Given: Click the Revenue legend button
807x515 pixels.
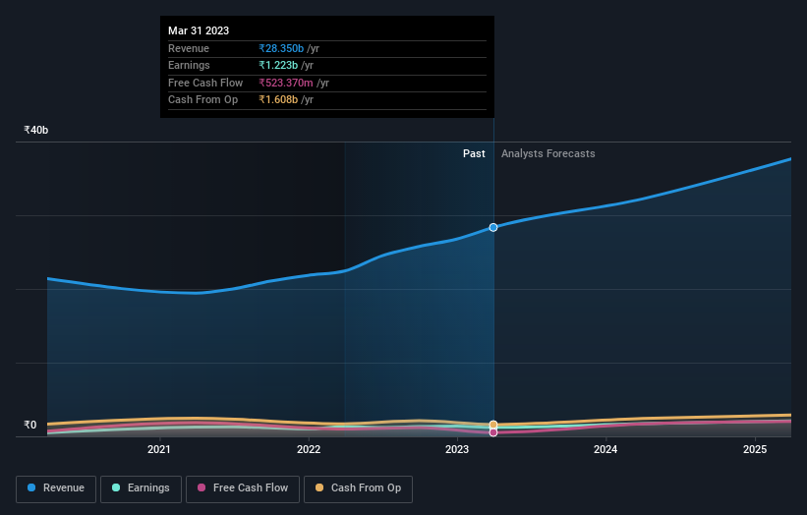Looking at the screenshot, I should click(56, 488).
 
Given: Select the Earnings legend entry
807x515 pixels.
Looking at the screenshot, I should click(141, 488).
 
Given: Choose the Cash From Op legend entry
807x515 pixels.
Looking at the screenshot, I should click(359, 488).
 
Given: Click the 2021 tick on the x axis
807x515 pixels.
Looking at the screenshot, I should click(159, 450).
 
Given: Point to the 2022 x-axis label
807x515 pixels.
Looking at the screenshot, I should click(309, 450).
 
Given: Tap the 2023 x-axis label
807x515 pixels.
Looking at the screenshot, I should click(457, 450).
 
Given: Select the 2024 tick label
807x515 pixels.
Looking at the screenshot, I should click(605, 450).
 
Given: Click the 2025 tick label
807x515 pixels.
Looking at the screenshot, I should click(755, 450).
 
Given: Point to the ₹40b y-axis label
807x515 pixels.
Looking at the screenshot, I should click(36, 130).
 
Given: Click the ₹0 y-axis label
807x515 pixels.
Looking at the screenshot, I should click(30, 426).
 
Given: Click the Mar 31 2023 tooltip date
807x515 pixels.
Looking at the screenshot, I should click(199, 30).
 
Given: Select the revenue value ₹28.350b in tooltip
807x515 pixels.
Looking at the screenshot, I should click(281, 48).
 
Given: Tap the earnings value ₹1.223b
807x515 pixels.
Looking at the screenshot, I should click(278, 66).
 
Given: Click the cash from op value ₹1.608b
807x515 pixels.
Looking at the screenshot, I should click(278, 99).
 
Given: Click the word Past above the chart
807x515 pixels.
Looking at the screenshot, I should click(474, 153).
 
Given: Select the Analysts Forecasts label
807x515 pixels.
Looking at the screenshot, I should click(548, 153).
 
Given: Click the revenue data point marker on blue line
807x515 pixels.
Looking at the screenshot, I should click(493, 227).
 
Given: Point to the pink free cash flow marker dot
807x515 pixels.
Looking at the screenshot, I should click(493, 432).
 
